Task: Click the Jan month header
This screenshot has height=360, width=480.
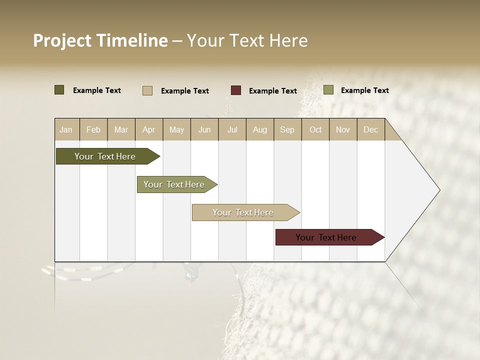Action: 66,129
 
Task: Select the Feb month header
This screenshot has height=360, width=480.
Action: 93,129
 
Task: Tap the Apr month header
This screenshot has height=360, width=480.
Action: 149,129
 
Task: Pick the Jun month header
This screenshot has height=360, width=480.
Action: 204,129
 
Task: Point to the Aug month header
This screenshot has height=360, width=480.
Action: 260,129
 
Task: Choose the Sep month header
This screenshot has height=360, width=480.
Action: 287,129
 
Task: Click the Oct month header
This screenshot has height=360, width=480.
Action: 315,129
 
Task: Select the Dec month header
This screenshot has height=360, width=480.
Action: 371,129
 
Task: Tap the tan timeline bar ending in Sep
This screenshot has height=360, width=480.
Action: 244,212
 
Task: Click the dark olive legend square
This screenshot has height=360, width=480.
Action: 59,90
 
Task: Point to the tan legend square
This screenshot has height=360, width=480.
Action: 147,90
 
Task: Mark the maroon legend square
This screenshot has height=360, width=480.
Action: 236,90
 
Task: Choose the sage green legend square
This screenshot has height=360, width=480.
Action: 328,90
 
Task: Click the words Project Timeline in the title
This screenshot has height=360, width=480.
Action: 100,40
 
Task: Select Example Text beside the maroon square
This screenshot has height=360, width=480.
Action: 273,91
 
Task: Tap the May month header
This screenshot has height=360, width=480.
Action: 176,129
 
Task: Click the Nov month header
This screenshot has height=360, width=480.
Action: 343,129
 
